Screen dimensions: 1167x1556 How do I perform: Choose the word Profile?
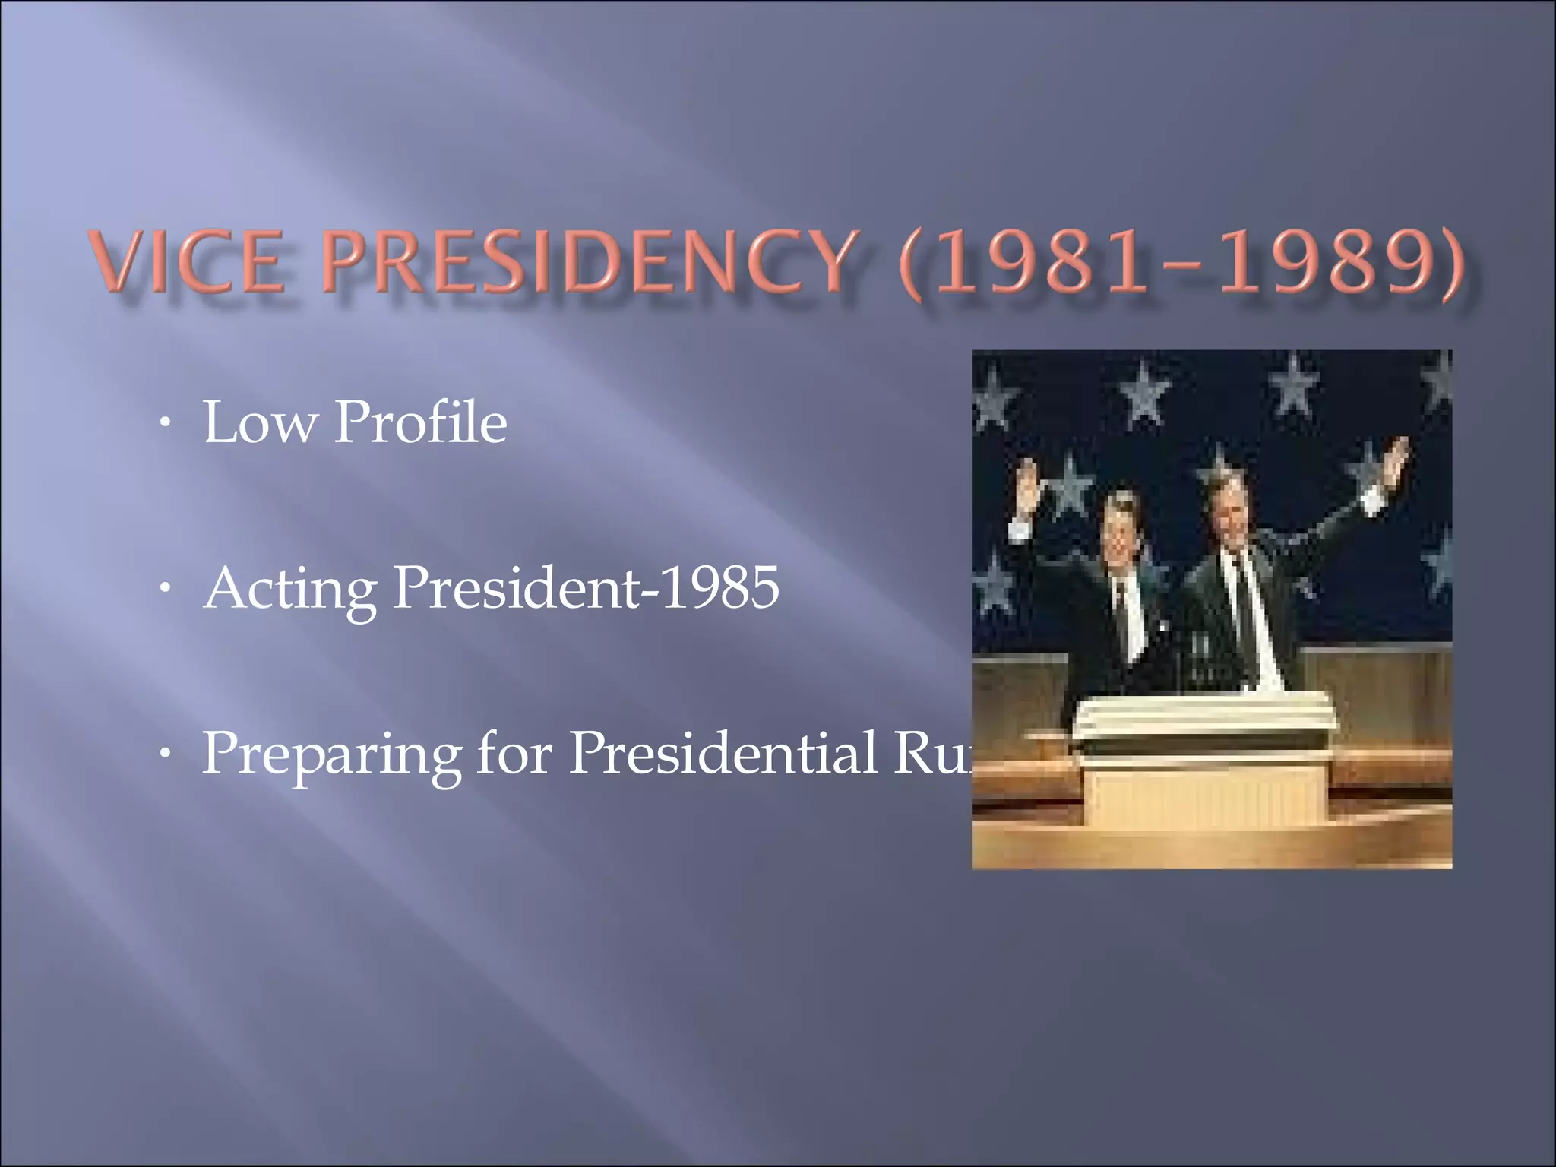point(420,422)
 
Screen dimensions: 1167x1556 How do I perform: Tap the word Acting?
point(291,590)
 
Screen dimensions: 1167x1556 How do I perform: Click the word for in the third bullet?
point(514,753)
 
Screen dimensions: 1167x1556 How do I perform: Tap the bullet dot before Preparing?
point(165,755)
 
